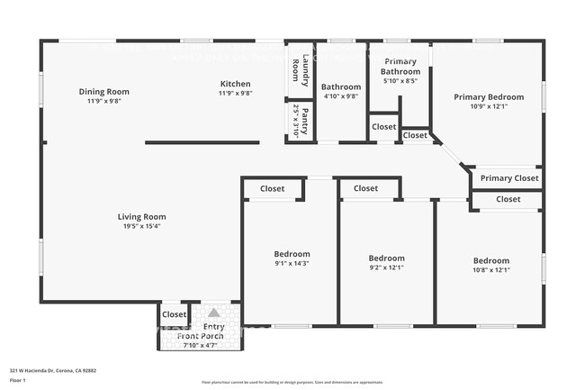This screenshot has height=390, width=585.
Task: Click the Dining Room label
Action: click(x=103, y=91)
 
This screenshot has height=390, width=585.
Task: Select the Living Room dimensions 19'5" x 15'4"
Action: click(x=142, y=226)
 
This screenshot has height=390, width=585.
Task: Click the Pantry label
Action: click(x=305, y=120)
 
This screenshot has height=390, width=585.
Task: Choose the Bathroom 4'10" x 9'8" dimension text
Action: click(x=341, y=96)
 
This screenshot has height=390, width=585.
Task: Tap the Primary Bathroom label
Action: click(x=400, y=67)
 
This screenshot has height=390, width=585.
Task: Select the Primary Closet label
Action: click(x=509, y=178)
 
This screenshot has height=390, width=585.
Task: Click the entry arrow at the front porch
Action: click(x=213, y=313)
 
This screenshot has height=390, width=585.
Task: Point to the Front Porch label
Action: click(x=201, y=336)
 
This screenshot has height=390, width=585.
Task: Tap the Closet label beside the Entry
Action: click(x=174, y=314)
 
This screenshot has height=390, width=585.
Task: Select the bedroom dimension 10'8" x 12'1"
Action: click(x=491, y=270)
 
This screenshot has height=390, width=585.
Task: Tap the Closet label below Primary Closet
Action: click(x=508, y=199)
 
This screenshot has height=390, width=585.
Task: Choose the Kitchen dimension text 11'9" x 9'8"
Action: click(x=235, y=93)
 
